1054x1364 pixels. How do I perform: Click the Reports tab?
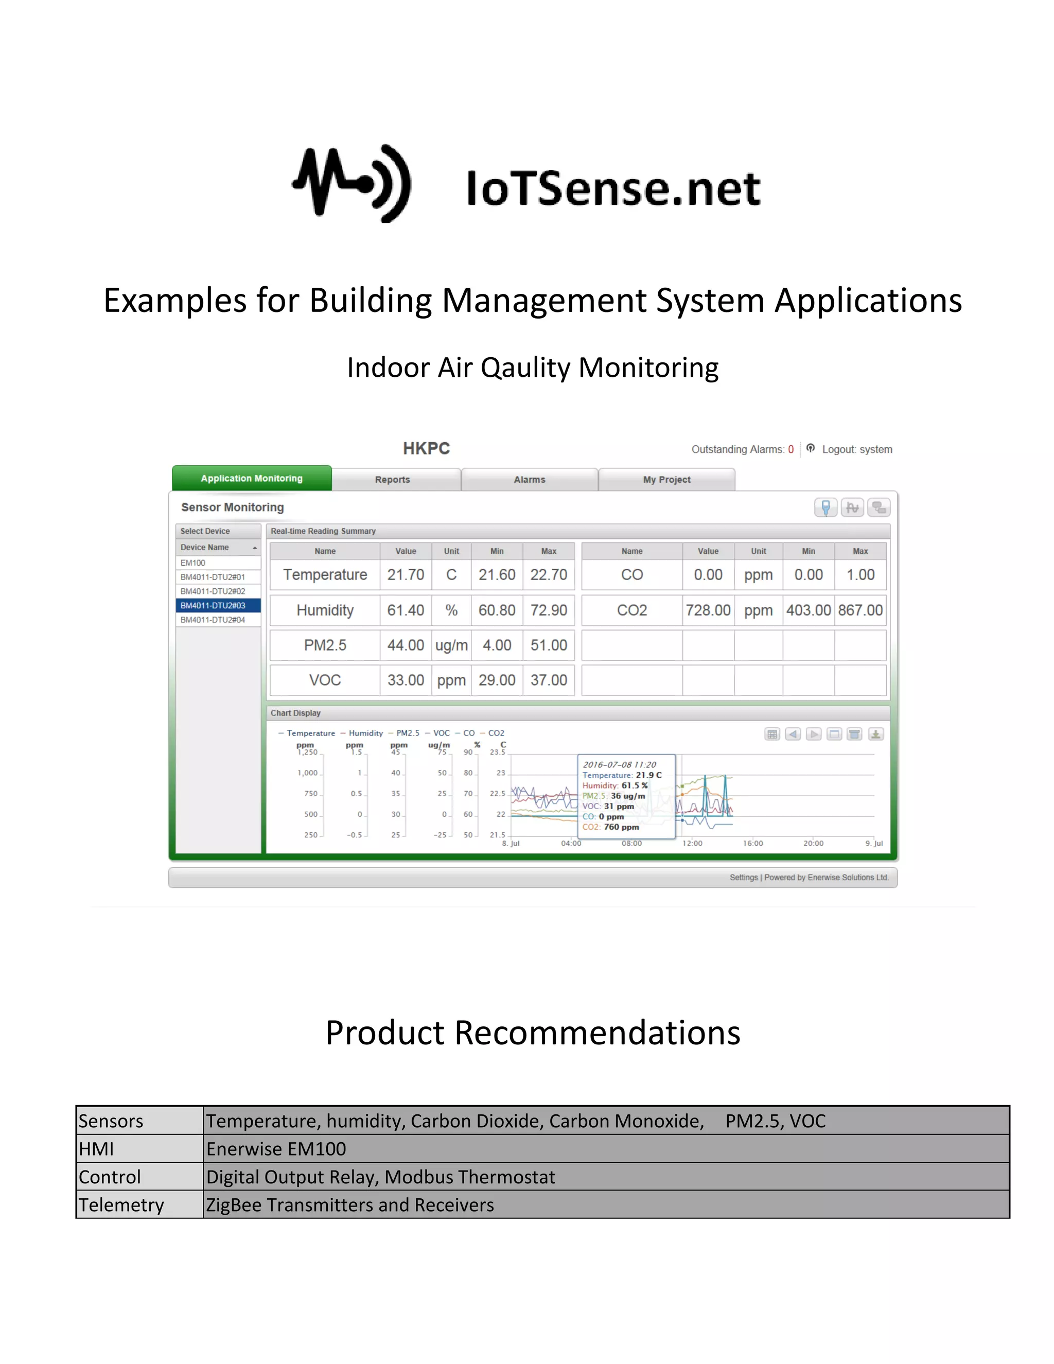tap(392, 480)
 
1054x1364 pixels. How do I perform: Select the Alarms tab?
tap(530, 480)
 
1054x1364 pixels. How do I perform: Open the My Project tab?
tap(666, 480)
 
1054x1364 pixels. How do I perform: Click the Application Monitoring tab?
tap(252, 478)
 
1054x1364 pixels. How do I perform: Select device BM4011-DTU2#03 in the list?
tap(213, 605)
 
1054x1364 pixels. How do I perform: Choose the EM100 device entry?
tap(193, 563)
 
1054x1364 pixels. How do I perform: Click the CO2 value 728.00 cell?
tap(708, 610)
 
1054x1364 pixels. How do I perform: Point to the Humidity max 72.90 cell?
tap(549, 610)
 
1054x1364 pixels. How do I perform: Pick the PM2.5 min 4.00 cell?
tap(497, 645)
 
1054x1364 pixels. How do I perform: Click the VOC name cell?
tap(325, 680)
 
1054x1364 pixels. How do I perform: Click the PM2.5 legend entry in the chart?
tap(407, 733)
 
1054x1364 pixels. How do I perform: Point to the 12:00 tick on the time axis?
tap(692, 843)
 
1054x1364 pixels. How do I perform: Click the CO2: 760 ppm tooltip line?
tap(611, 827)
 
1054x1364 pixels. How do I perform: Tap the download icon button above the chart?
tap(875, 735)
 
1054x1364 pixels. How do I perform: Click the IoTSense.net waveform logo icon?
tap(352, 184)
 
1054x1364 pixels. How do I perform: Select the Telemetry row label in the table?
tap(121, 1205)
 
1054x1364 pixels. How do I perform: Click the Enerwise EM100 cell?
tap(276, 1148)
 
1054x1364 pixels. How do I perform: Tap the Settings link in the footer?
tap(743, 878)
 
